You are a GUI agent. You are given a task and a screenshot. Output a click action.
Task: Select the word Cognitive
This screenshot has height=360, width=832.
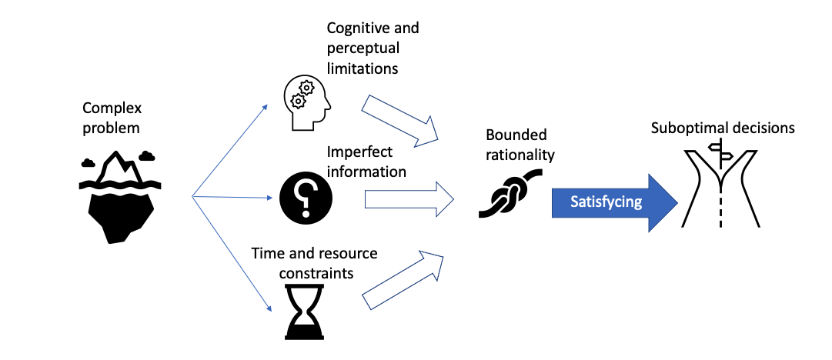coord(356,28)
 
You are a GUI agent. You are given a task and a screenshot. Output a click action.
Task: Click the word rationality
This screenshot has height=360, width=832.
coord(520,154)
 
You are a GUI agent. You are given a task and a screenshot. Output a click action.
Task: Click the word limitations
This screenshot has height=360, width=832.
coord(362,68)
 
